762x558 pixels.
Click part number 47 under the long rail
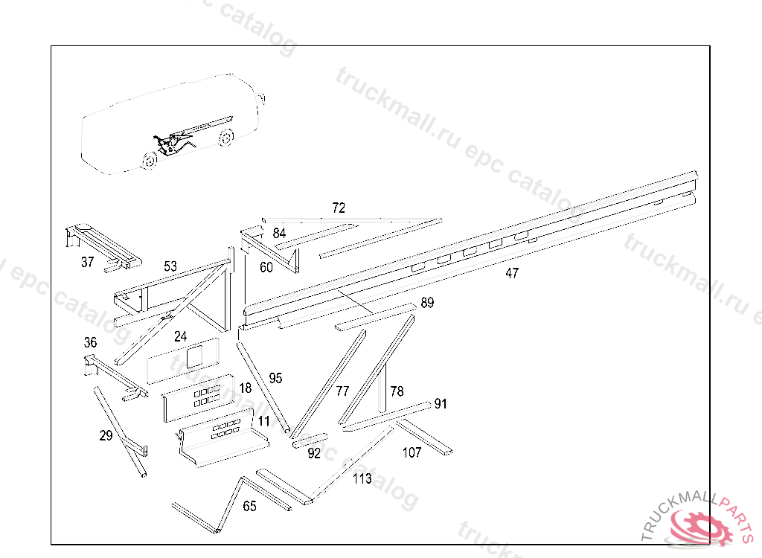tap(512, 273)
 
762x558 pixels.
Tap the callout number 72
tap(339, 208)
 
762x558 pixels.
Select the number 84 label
tap(279, 233)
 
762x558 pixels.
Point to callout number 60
tap(266, 267)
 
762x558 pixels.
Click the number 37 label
tap(88, 262)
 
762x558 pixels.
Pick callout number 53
tap(170, 266)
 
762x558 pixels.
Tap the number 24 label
tap(180, 336)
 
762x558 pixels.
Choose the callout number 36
tap(90, 343)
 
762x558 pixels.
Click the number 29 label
tap(106, 436)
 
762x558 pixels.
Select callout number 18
tap(246, 388)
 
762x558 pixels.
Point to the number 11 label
tap(263, 421)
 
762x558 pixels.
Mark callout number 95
tap(275, 378)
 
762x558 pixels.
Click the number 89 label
tap(427, 303)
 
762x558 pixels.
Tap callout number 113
tap(362, 478)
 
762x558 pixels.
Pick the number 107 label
tap(412, 452)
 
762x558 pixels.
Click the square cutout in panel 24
tap(193, 355)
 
